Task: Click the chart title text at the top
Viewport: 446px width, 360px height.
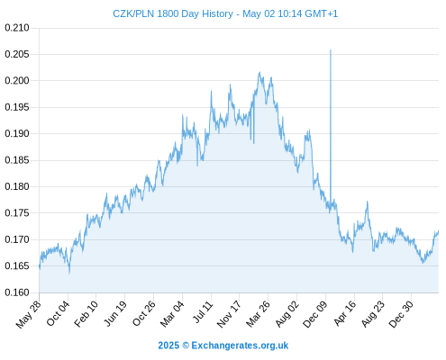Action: point(225,13)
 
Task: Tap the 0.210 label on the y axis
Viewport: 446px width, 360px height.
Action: point(17,28)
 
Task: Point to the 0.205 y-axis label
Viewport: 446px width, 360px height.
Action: point(17,54)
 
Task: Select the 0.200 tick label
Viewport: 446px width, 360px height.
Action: point(17,81)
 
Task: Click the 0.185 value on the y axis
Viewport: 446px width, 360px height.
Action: point(17,160)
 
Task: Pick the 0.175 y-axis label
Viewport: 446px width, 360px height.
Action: point(17,213)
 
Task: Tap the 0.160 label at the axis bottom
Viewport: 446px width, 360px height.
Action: point(17,292)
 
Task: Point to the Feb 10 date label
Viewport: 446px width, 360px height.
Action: point(86,314)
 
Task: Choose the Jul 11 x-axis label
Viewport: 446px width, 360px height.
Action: point(203,312)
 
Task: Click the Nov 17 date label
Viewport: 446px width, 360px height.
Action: point(229,314)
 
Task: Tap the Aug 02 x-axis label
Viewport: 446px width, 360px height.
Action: point(287,314)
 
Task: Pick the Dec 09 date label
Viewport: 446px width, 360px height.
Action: point(315,314)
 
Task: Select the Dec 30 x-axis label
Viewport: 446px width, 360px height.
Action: point(401,314)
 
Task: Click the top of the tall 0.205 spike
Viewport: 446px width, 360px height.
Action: point(331,50)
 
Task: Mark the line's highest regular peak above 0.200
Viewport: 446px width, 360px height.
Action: point(259,72)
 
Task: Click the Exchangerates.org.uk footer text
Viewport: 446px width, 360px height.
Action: point(240,346)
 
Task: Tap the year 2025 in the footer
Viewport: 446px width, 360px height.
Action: point(168,346)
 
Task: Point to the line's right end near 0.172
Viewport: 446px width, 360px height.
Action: point(438,231)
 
